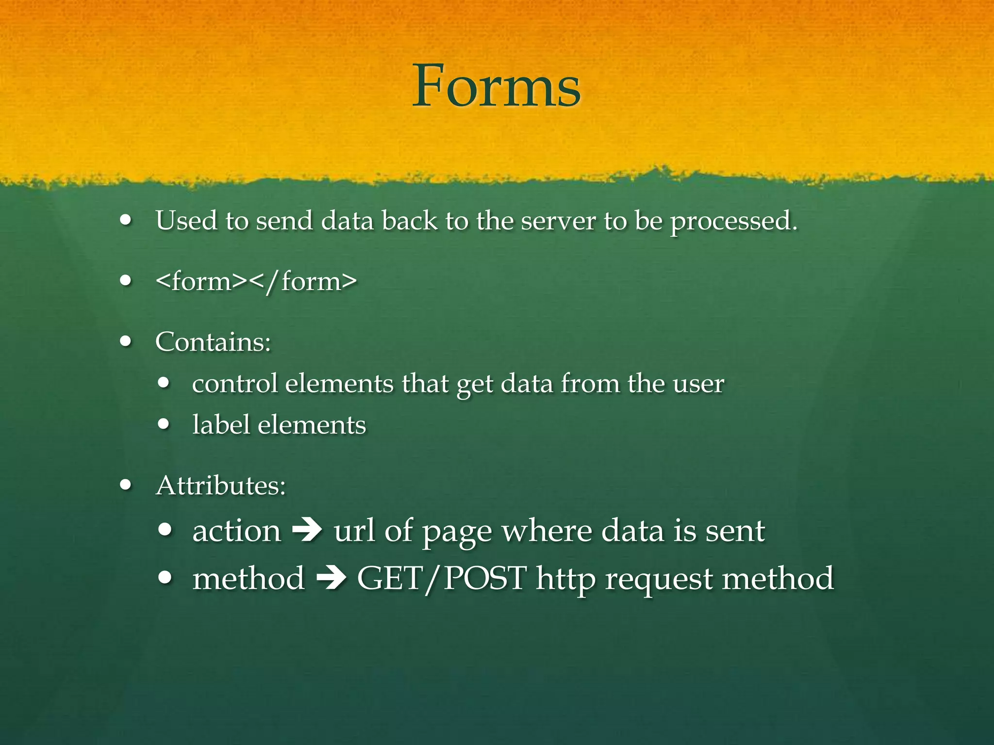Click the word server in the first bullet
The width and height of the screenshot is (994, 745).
coord(558,221)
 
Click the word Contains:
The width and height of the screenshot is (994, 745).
coord(213,342)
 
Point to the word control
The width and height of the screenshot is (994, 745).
coord(235,384)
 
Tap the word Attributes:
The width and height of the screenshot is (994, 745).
coord(221,485)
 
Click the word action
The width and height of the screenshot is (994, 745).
coord(237,531)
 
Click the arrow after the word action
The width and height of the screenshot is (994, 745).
coord(307,531)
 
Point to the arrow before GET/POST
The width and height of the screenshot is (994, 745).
coord(331,579)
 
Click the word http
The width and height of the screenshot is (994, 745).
coord(565,580)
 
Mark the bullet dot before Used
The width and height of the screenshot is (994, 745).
coord(126,221)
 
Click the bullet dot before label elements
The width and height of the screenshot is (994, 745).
coord(164,424)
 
